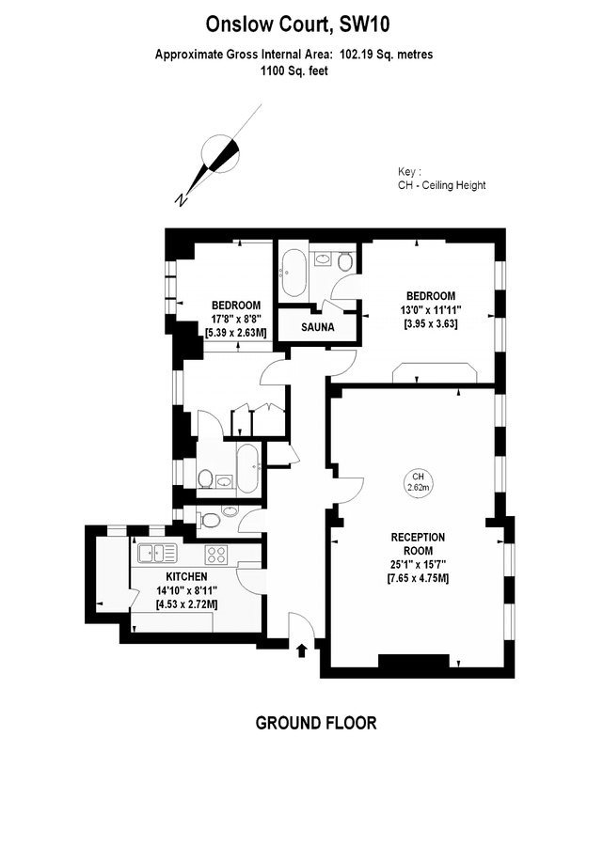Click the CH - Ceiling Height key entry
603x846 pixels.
pos(441,185)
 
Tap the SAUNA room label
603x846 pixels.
pos(320,328)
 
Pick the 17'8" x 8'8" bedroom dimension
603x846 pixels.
pos(235,319)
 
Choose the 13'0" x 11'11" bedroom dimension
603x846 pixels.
pos(429,309)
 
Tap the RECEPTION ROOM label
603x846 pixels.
pos(418,543)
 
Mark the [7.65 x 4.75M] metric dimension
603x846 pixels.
pos(418,577)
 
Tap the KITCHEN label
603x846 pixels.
pos(186,576)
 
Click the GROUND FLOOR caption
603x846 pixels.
pos(316,723)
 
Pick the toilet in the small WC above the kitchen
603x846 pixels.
pos(211,518)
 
